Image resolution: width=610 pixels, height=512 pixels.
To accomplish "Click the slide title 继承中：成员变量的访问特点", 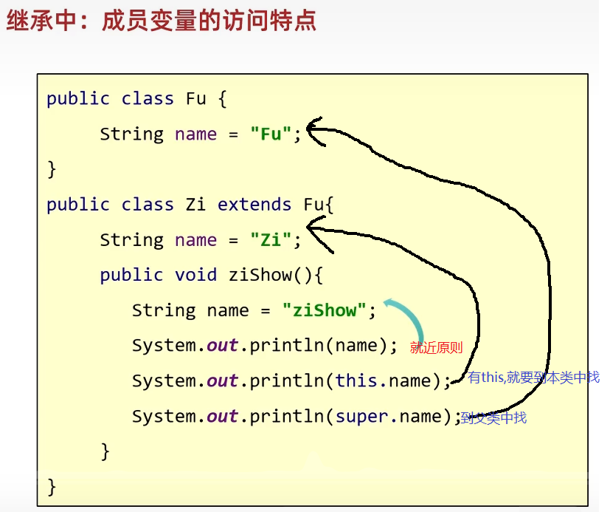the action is click(162, 20).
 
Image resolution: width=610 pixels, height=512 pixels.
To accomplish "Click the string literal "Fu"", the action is click(271, 134).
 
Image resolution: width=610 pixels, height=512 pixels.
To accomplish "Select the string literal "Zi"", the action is click(271, 240).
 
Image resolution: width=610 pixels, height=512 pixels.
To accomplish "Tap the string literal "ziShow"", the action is click(325, 310).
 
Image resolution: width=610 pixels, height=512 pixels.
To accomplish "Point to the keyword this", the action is click(356, 381).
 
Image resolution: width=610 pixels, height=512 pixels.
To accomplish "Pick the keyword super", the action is click(361, 417).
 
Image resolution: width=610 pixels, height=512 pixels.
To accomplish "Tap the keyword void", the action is click(195, 276).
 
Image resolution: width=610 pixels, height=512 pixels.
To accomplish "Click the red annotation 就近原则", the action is click(436, 348).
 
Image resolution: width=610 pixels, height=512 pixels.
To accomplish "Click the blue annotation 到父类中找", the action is click(493, 418).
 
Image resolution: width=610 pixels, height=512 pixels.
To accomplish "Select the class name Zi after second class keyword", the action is click(196, 205).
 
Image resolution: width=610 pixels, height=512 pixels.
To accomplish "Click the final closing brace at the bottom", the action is click(52, 486).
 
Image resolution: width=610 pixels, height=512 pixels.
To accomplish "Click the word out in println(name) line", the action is click(222, 347).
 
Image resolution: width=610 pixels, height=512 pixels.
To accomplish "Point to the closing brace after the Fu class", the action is click(52, 169).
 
